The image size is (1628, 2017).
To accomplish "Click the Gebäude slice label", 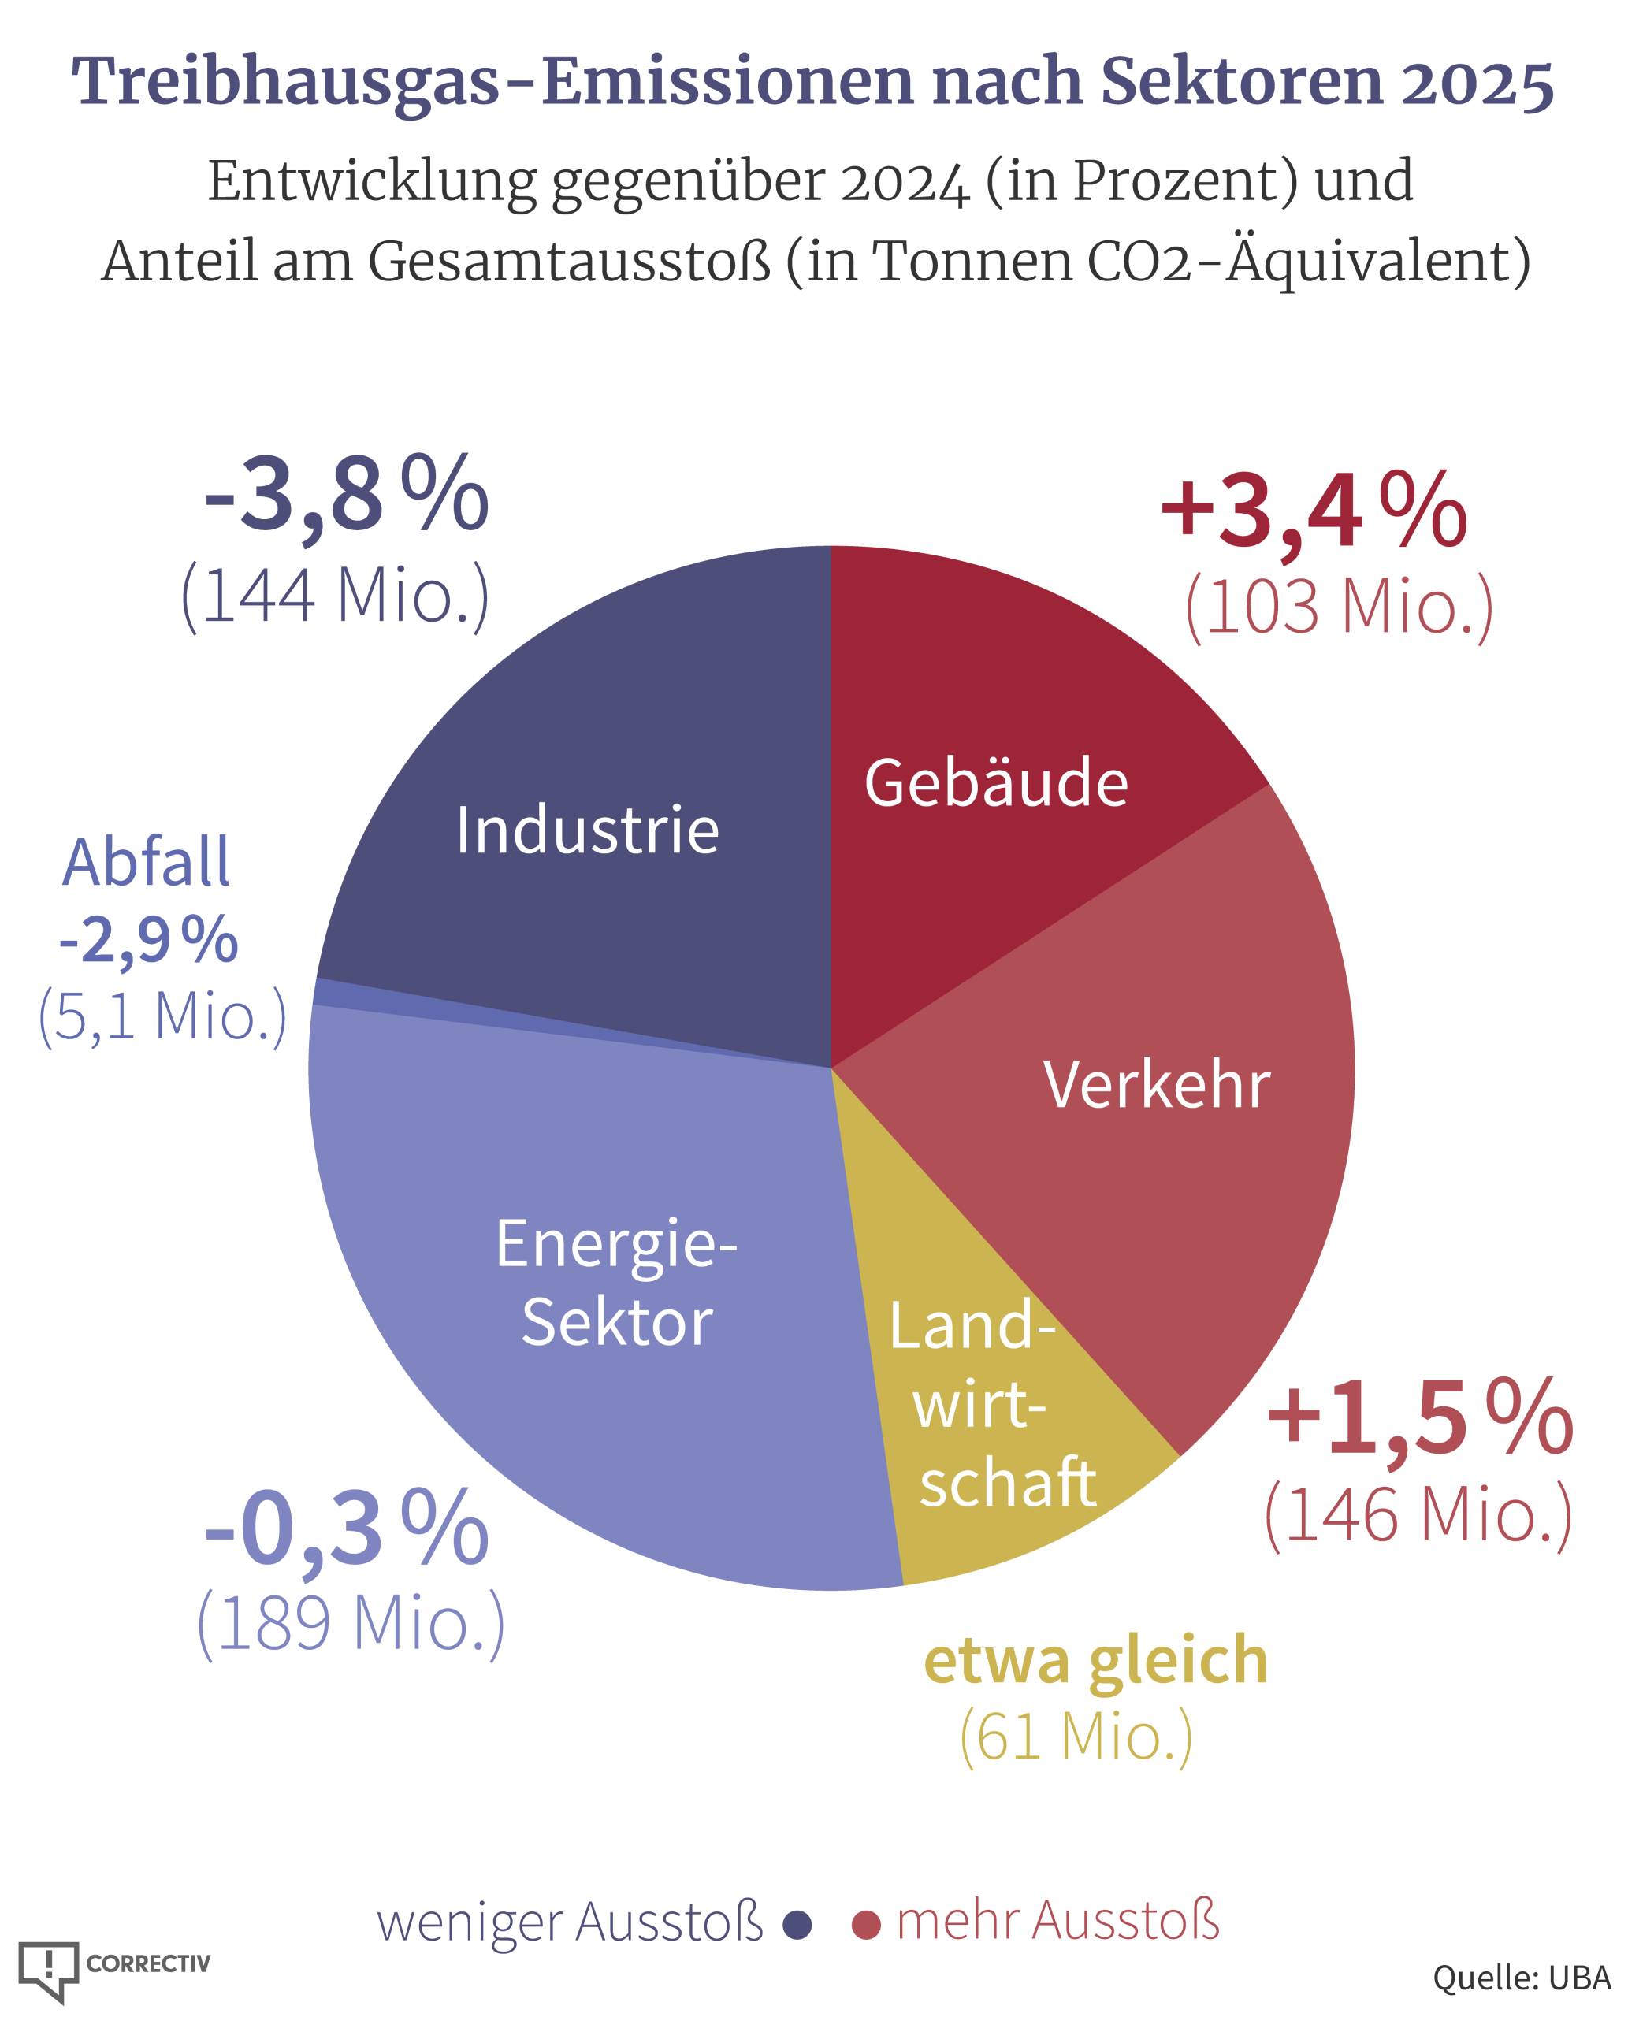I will (995, 782).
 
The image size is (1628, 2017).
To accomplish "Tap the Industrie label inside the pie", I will (587, 830).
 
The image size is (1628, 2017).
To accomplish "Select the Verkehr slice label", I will (1156, 1085).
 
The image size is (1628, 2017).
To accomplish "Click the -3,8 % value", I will (346, 494).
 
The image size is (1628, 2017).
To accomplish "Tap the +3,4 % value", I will (1313, 512).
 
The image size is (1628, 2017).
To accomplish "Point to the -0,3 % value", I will (346, 1529).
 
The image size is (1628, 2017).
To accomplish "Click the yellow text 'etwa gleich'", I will (1095, 1661).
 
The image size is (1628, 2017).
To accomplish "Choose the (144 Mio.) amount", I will (335, 596).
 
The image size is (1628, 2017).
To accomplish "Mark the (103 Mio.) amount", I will (1339, 607).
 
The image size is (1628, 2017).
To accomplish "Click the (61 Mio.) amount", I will (1076, 1737).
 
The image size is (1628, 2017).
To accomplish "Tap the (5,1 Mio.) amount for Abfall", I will (162, 1016).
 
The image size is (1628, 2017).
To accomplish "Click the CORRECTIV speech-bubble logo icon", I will (49, 1969).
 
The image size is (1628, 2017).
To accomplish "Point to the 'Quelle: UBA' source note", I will (1521, 1978).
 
